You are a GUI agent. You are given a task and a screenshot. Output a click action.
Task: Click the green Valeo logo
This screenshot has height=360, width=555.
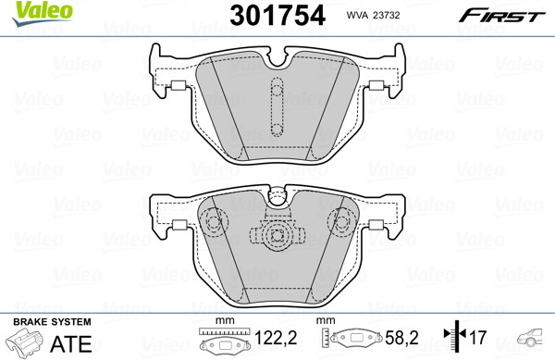(x=42, y=14)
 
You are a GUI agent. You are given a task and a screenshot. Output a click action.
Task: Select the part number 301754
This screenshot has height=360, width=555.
(x=277, y=16)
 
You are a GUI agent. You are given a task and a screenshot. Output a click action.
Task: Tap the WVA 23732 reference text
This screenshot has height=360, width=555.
(x=373, y=15)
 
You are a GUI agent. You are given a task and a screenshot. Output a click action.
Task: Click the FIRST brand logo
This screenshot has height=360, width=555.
(x=501, y=16)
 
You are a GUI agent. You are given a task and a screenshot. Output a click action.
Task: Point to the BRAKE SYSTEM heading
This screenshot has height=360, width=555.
(x=52, y=322)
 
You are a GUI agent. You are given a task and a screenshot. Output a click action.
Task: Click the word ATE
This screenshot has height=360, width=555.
(x=71, y=343)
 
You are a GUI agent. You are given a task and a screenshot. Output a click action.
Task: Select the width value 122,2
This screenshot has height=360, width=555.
(x=276, y=338)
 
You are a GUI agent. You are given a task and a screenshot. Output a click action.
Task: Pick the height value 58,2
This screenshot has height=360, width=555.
(x=401, y=338)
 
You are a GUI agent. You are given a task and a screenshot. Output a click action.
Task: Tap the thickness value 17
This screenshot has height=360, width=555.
(x=478, y=338)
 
